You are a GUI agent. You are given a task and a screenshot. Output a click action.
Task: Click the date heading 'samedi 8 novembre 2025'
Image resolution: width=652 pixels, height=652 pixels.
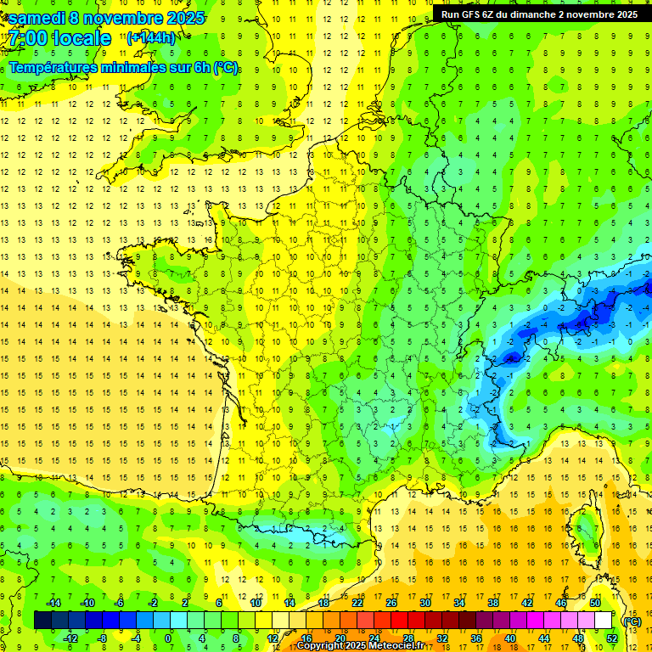coord(106,18)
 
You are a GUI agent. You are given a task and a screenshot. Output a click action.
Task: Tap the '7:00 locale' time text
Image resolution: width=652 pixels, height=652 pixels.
coord(59,38)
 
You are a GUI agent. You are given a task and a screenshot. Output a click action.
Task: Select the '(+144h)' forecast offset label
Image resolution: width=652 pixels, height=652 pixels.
coord(151,37)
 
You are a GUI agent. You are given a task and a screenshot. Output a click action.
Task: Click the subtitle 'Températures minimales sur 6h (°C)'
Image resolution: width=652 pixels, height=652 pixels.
coord(124,68)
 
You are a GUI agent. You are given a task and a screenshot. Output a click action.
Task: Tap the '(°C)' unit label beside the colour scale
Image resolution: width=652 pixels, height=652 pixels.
coord(632,621)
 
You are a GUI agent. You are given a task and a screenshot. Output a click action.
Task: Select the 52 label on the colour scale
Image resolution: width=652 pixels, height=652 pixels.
coord(612,638)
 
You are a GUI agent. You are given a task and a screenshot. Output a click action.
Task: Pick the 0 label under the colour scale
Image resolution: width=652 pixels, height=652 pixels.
coord(167,638)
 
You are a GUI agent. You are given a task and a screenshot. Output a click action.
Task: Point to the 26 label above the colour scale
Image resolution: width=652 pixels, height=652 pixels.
coord(391,603)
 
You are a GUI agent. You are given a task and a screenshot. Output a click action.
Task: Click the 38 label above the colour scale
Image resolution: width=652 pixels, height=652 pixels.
coord(493,603)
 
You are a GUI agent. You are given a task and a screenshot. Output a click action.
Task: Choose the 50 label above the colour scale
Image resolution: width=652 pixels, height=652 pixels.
coord(595,603)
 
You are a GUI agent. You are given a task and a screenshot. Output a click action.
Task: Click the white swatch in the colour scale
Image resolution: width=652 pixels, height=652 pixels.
coord(604,620)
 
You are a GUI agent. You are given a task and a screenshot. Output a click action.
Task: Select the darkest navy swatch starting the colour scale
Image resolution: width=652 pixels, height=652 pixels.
coord(42,620)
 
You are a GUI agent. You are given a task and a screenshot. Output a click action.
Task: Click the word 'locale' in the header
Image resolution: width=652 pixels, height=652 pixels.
coord(80,38)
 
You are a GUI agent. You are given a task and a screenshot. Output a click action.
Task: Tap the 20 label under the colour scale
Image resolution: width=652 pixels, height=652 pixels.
coord(340,638)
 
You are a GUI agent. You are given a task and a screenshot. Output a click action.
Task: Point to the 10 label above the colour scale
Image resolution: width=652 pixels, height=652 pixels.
coord(256,603)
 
